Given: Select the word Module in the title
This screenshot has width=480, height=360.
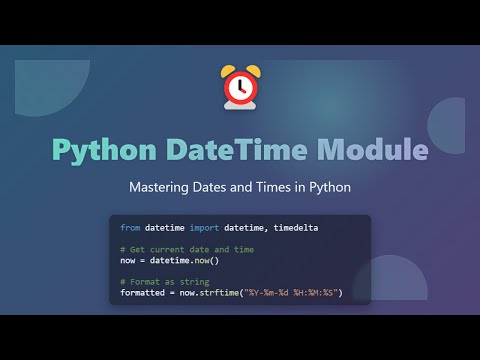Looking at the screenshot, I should pyautogui.click(x=372, y=151).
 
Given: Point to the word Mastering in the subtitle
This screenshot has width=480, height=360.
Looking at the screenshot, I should pyautogui.click(x=164, y=187).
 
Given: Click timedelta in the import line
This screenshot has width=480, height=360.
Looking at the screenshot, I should pyautogui.click(x=297, y=228).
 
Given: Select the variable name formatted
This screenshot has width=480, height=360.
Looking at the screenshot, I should pyautogui.click(x=143, y=292).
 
